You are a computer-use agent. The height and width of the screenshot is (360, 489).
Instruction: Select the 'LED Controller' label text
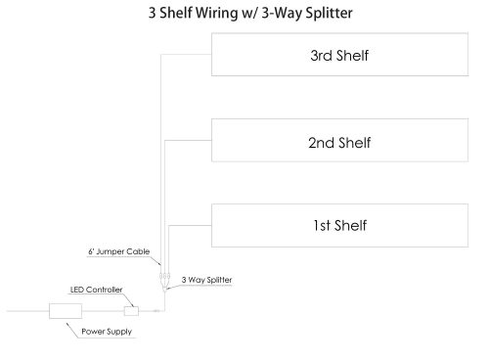point(96,290)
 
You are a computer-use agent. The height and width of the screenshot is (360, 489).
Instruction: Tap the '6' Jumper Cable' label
point(118,252)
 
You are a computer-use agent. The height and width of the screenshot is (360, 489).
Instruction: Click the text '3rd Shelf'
point(339,56)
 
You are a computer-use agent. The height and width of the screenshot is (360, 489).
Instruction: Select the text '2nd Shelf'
point(339,142)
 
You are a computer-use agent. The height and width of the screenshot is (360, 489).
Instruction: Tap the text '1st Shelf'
point(339,224)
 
